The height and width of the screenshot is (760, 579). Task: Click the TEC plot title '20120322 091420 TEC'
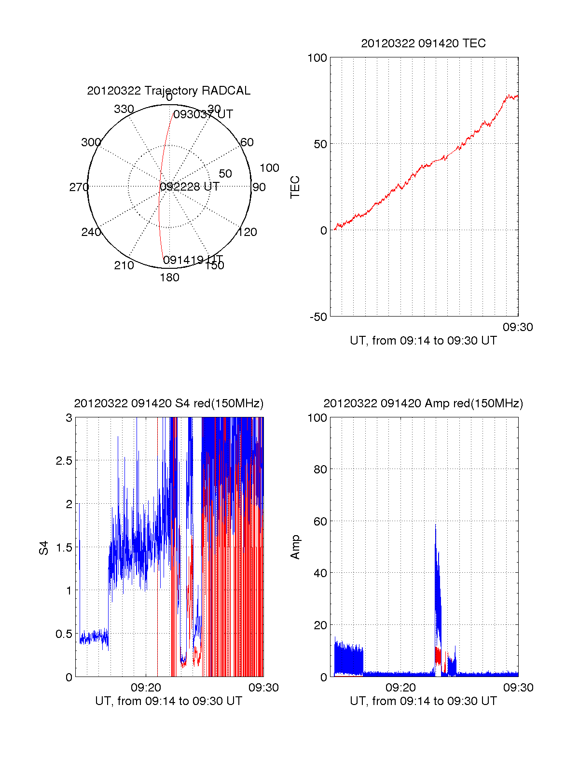pyautogui.click(x=423, y=43)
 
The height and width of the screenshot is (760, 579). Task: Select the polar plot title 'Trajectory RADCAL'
pyautogui.click(x=168, y=91)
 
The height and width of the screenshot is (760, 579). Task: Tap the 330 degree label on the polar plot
pyautogui.click(x=124, y=109)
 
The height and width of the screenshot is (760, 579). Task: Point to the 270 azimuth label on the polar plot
pyautogui.click(x=79, y=187)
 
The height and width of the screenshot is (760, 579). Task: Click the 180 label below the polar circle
pyautogui.click(x=169, y=277)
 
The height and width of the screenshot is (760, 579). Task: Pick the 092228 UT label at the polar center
pyautogui.click(x=189, y=187)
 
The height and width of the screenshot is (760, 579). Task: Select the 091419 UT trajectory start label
pyautogui.click(x=193, y=260)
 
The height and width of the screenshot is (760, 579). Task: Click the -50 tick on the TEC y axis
pyautogui.click(x=318, y=317)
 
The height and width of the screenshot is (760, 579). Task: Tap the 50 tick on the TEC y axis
pyautogui.click(x=320, y=144)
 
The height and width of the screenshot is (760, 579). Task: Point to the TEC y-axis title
pyautogui.click(x=295, y=187)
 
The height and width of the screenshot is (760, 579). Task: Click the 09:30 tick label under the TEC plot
pyautogui.click(x=518, y=327)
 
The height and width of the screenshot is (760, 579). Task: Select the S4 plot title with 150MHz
pyautogui.click(x=168, y=403)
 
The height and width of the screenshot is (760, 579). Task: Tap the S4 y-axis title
pyautogui.click(x=44, y=548)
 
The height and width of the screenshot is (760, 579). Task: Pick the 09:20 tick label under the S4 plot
pyautogui.click(x=146, y=688)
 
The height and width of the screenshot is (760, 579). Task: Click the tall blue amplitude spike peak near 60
pyautogui.click(x=435, y=525)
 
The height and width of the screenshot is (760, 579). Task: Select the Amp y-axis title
pyautogui.click(x=295, y=547)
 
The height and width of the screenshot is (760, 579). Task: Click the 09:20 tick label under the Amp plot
pyautogui.click(x=400, y=688)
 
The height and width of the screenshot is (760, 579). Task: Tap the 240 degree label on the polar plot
pyautogui.click(x=91, y=232)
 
